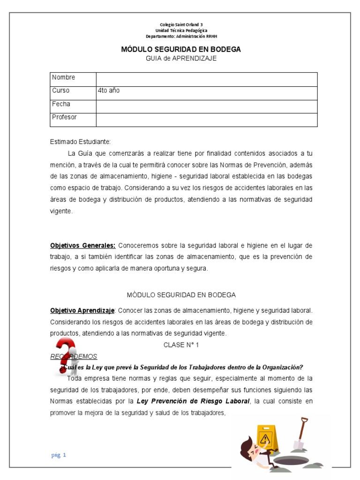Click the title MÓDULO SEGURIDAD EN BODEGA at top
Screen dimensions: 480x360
click(181, 49)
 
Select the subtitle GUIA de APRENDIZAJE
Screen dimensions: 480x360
click(181, 58)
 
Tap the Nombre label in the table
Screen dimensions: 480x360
click(63, 77)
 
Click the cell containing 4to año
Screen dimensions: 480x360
click(108, 90)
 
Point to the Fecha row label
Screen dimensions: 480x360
click(61, 104)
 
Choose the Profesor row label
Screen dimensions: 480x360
click(64, 117)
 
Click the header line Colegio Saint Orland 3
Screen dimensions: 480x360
click(181, 24)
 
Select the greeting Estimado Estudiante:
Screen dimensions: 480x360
click(80, 142)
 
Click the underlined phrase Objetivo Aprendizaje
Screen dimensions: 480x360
click(82, 310)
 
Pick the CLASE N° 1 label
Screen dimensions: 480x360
click(181, 345)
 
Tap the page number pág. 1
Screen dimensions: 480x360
click(59, 455)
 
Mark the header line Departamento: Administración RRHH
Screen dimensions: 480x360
click(181, 36)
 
